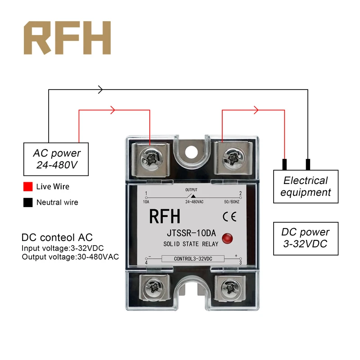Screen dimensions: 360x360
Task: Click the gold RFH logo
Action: point(67,38)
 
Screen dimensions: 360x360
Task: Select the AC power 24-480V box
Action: point(56,159)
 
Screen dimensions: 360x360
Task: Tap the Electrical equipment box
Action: point(306,186)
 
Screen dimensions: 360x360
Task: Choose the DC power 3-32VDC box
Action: point(306,238)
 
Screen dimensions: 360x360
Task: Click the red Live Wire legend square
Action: point(27,186)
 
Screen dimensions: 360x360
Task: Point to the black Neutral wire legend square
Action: point(27,202)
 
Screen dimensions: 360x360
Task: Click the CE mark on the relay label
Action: point(227,217)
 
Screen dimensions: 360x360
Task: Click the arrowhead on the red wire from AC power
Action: point(113,110)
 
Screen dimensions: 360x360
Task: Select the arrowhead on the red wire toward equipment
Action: point(256,110)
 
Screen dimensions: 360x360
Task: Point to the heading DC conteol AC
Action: point(57,237)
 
